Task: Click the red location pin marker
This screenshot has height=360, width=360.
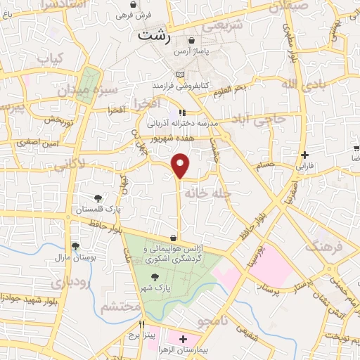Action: coord(181,166)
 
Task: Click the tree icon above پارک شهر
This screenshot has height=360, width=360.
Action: coord(155,278)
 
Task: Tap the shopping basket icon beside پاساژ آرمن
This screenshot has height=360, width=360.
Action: coord(191,41)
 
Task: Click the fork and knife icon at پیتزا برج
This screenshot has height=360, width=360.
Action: coord(142,324)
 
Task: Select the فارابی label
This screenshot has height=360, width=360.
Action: coord(303,167)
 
